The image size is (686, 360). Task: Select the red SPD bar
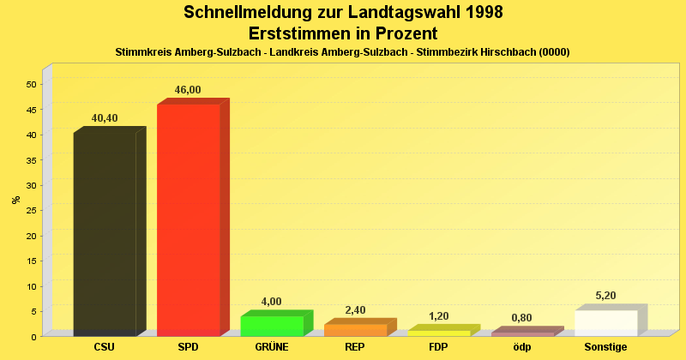[189, 219]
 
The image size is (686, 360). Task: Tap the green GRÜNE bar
[272, 326]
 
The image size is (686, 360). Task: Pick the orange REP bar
[355, 330]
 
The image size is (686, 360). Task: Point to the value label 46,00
[188, 90]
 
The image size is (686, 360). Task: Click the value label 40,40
[105, 118]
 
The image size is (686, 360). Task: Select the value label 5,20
[606, 296]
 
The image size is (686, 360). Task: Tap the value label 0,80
[522, 318]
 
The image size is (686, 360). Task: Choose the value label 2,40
[355, 310]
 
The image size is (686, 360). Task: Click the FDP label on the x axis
[439, 347]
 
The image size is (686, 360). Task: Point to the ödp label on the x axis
[522, 347]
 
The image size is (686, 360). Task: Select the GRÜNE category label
[272, 347]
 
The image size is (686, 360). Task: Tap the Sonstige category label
[606, 347]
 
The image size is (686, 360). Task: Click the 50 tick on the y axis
[31, 84]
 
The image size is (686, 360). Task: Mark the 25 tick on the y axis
[31, 210]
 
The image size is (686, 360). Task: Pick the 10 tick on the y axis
[31, 285]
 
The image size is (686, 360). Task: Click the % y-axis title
[15, 200]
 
